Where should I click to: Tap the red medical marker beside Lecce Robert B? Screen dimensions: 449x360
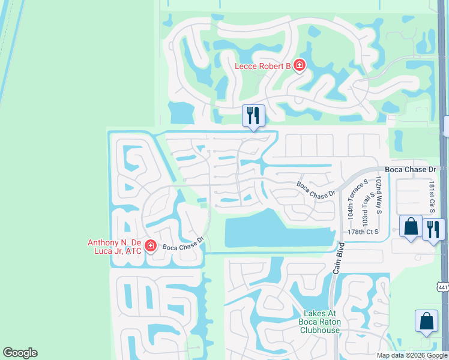pos(299,65)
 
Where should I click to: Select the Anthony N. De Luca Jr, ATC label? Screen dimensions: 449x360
pos(115,247)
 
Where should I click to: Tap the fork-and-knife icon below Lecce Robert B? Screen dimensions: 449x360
pos(253,115)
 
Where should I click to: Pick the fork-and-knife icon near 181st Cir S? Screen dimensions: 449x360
pos(433,229)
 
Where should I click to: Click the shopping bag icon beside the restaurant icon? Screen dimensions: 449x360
pos(411,227)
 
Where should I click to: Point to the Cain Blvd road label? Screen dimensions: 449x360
pos(337,259)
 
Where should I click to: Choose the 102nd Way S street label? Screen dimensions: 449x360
pos(379,195)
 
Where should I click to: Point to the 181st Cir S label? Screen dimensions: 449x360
pos(431,196)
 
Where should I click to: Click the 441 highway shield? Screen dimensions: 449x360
pos(443,287)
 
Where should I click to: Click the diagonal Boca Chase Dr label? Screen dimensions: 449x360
pos(316,190)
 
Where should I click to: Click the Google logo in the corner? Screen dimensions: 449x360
pos(20,353)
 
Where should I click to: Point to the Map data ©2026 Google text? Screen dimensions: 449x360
pos(411,355)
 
